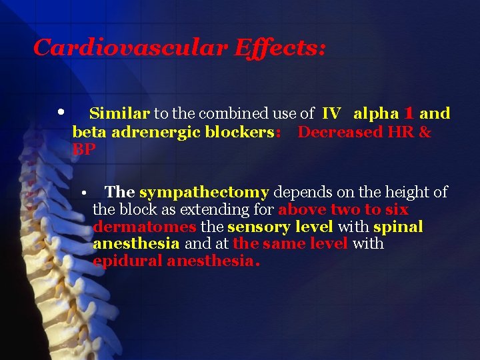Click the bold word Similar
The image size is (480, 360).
[x=119, y=114]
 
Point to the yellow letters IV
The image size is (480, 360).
[x=331, y=114]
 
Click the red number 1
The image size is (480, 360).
[x=409, y=114]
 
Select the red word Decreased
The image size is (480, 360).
[x=339, y=132]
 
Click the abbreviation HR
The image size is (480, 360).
[x=399, y=132]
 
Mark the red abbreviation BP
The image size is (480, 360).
[x=84, y=150]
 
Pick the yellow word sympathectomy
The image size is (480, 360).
[x=204, y=193]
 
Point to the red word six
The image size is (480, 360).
[x=396, y=210]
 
